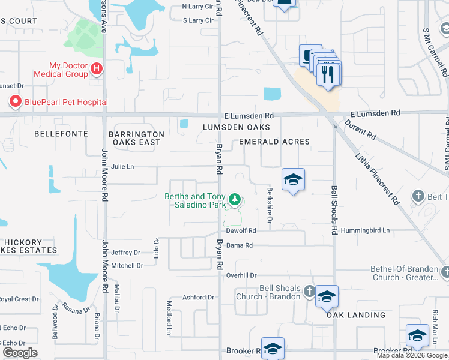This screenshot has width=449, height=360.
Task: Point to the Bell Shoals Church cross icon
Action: tap(309, 292)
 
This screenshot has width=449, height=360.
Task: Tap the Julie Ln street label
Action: tap(122, 167)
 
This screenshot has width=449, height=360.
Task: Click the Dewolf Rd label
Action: tap(241, 230)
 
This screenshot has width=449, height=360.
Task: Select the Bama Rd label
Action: tap(240, 245)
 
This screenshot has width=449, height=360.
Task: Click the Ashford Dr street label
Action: tap(198, 297)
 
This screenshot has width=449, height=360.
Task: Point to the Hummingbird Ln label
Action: tap(365, 230)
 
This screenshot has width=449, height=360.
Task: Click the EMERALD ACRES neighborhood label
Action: tap(274, 142)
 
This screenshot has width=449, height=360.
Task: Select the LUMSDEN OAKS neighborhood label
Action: tap(236, 127)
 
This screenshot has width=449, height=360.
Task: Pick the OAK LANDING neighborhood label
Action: tap(356, 315)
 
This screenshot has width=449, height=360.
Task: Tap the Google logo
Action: tap(20, 353)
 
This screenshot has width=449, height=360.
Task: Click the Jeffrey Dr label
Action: tap(125, 253)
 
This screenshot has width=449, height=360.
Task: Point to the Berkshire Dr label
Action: tap(270, 214)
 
